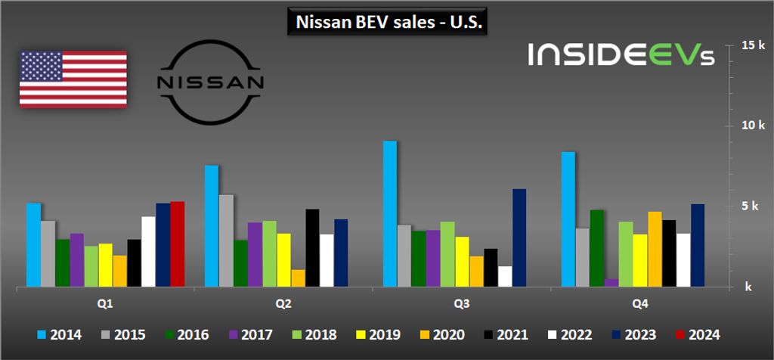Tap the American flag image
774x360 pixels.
click(x=73, y=79)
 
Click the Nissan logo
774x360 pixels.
click(x=209, y=82)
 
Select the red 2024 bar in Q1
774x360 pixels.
click(x=178, y=244)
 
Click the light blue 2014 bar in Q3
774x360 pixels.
click(x=390, y=214)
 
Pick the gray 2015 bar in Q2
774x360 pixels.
click(x=226, y=241)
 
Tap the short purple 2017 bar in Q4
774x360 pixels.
click(x=611, y=283)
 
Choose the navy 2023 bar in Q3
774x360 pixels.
click(x=519, y=238)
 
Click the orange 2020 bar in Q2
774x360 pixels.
click(x=298, y=278)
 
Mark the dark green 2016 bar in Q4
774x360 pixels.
click(x=596, y=249)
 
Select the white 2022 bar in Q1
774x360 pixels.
click(x=148, y=252)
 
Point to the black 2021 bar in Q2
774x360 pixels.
click(x=312, y=248)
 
